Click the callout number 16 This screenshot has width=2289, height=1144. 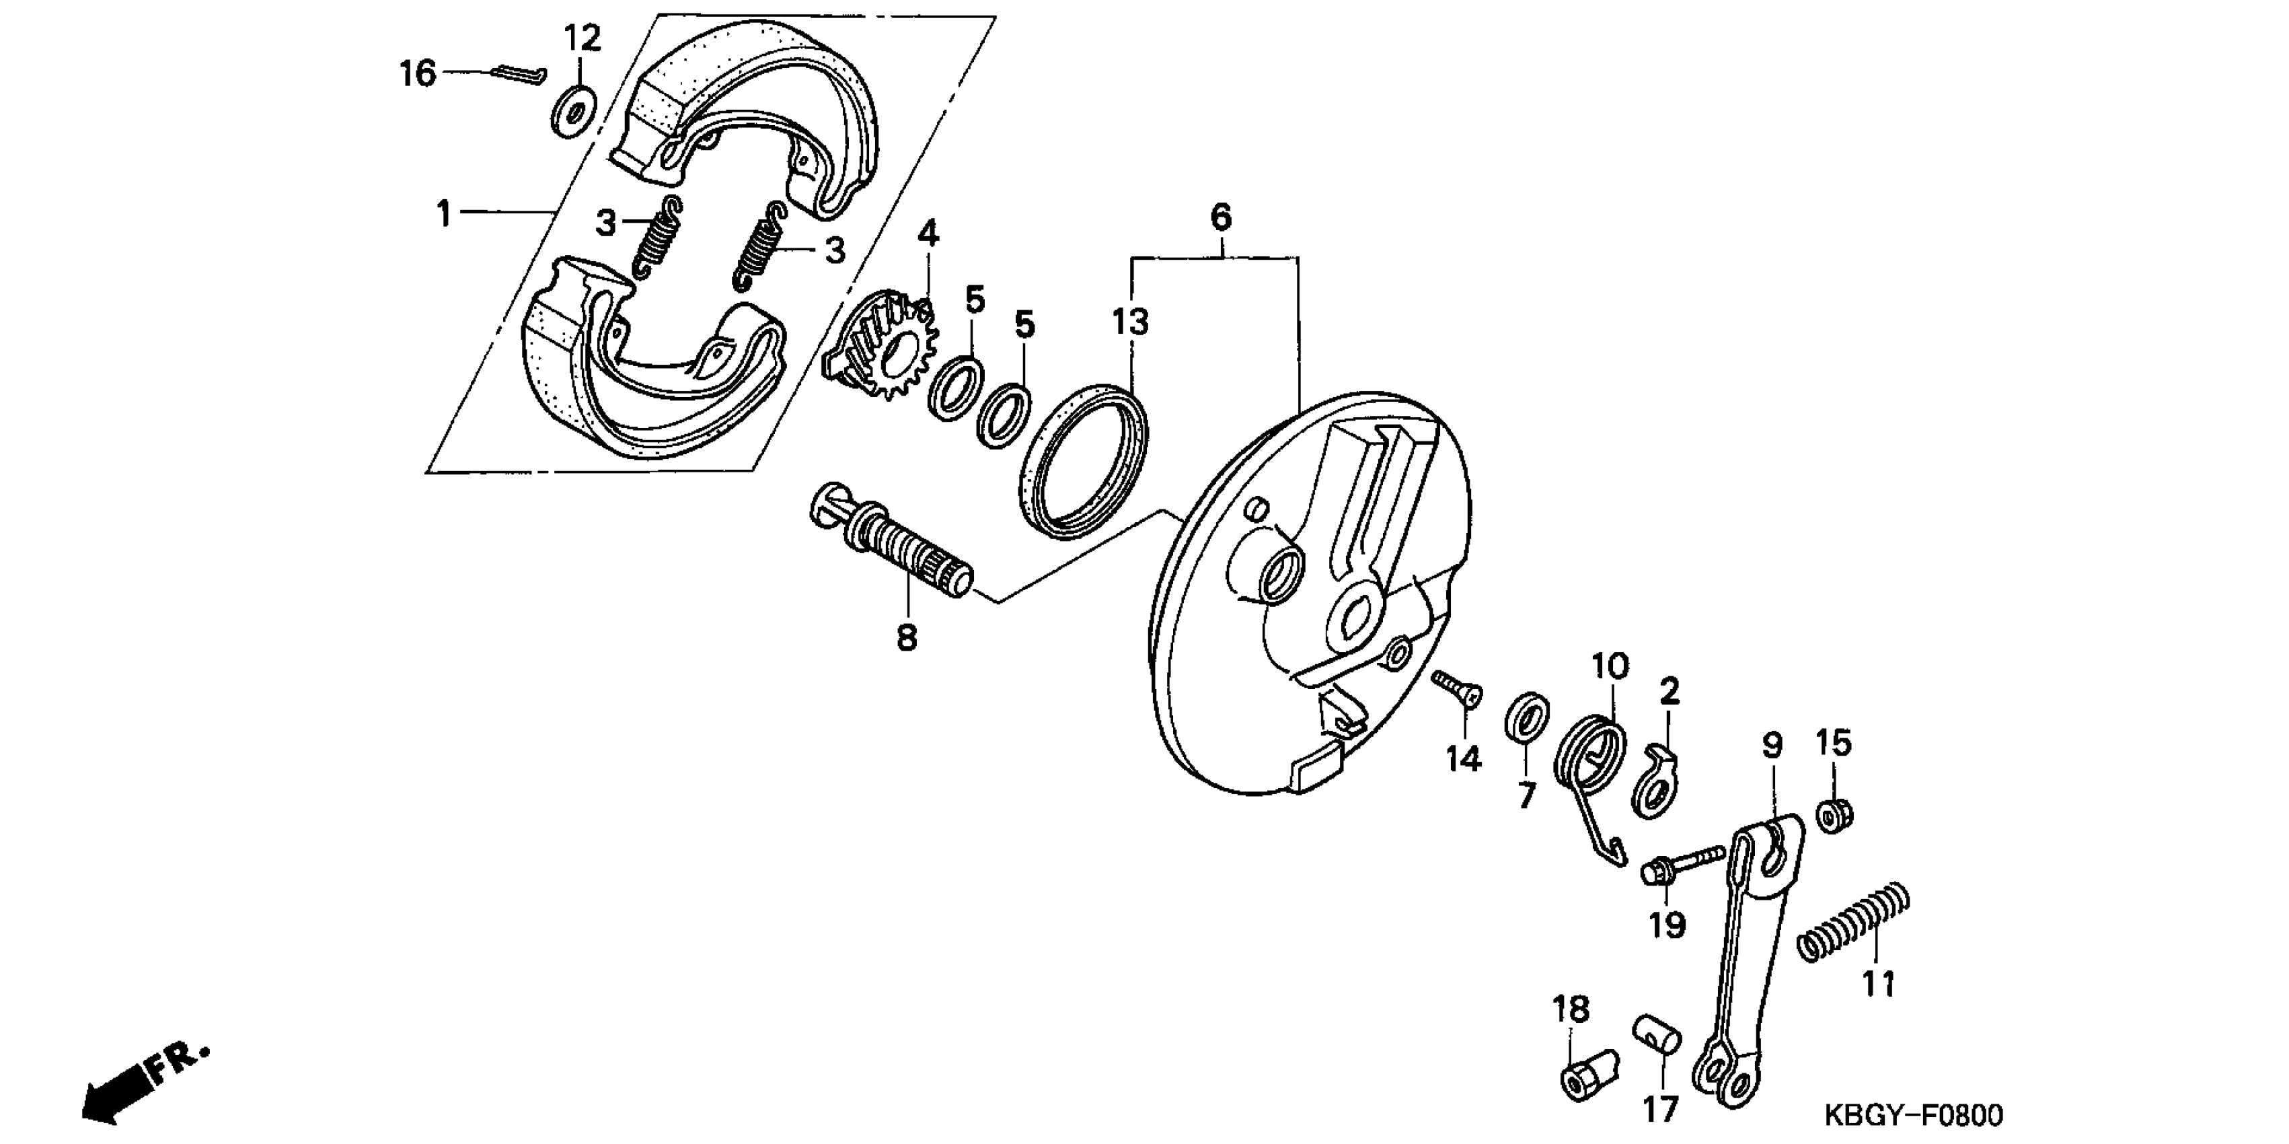pyautogui.click(x=417, y=74)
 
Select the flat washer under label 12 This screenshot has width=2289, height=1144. pyautogui.click(x=574, y=113)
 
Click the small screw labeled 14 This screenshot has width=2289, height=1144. pyautogui.click(x=1458, y=690)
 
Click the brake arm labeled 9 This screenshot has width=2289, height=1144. pyautogui.click(x=1746, y=951)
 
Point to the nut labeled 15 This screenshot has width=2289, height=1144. pyautogui.click(x=1833, y=815)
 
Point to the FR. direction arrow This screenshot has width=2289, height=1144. pyautogui.click(x=142, y=1080)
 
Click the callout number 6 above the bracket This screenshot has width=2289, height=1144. pyautogui.click(x=1221, y=216)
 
